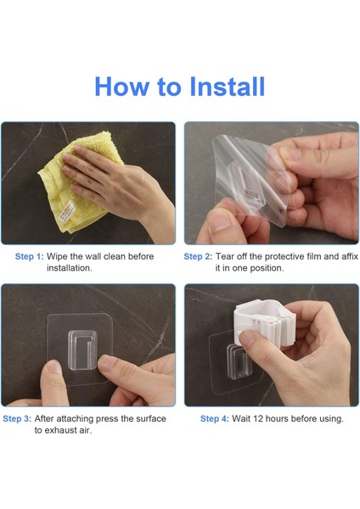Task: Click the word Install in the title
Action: tap(227, 87)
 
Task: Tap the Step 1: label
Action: tap(29, 256)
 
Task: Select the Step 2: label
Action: tap(198, 256)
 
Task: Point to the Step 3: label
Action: tap(17, 419)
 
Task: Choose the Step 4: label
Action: tap(215, 419)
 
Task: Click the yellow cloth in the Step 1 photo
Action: tap(78, 182)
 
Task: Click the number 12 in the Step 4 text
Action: tap(257, 419)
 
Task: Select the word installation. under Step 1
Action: tap(70, 268)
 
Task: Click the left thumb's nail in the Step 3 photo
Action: tap(53, 366)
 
